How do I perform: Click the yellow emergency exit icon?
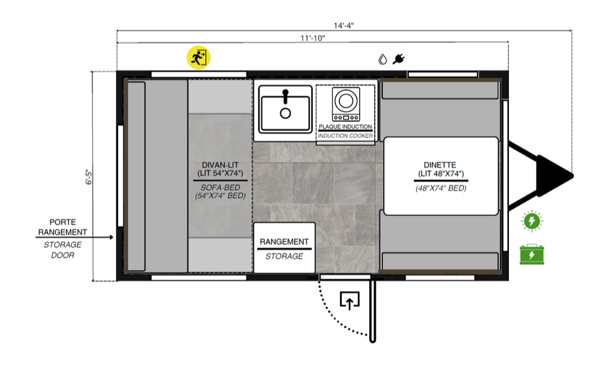point(199,58)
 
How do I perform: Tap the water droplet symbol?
point(382,59)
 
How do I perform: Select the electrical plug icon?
point(398,59)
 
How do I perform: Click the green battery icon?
point(532,255)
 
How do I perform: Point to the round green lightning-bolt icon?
point(532,221)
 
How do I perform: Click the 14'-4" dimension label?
point(344,25)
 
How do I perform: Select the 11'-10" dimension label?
point(313,38)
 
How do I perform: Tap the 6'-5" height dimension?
point(89,177)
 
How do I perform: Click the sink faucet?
point(286,96)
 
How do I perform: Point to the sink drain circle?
point(286,114)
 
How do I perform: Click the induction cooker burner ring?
point(345,100)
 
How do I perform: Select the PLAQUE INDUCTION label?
point(345,127)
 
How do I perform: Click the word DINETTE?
point(440,165)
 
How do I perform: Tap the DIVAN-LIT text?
point(220,165)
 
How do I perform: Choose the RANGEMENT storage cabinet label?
point(284,241)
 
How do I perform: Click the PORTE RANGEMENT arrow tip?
point(113,237)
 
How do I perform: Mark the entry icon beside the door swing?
point(350,300)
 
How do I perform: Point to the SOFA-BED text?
point(220,188)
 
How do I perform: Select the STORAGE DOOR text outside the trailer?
point(63,250)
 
